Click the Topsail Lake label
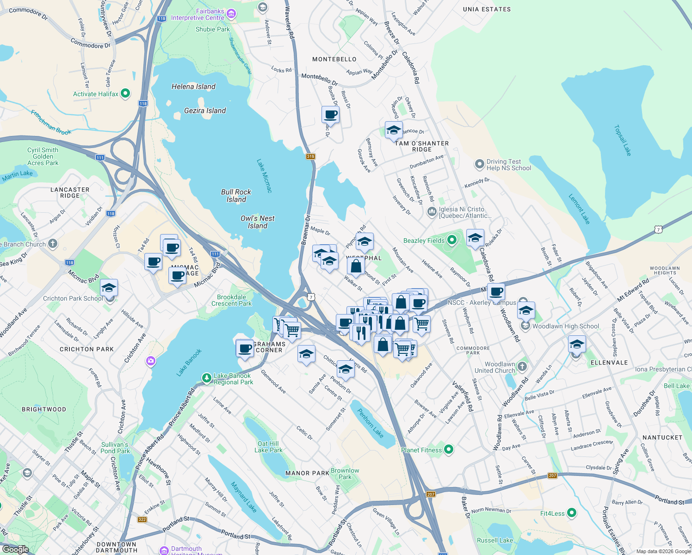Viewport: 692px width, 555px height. pos(622,140)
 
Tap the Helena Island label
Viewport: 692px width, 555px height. pos(193,86)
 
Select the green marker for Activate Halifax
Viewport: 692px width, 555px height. pos(125,94)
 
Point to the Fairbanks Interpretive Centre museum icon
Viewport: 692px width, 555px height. pos(231,14)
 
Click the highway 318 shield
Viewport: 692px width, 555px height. pos(310,156)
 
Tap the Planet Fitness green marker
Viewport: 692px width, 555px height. pos(448,450)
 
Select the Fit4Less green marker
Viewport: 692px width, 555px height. pos(572,513)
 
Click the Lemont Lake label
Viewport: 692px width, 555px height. pos(579,209)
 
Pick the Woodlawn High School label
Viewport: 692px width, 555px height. pos(565,326)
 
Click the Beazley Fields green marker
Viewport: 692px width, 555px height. pos(452,240)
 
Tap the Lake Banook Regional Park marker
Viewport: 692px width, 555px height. pos(207,378)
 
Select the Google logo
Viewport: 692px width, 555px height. pos(15,549)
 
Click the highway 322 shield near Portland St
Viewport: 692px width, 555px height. pos(142,519)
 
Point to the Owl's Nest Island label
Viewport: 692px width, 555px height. pos(257,222)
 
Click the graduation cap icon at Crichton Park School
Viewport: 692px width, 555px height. pos(109,288)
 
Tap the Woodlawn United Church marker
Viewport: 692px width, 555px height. pos(522,367)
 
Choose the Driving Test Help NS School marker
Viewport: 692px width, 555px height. pos(480,164)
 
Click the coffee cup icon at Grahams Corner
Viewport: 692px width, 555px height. pos(245,348)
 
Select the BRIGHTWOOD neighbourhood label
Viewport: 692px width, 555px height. pos(44,409)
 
